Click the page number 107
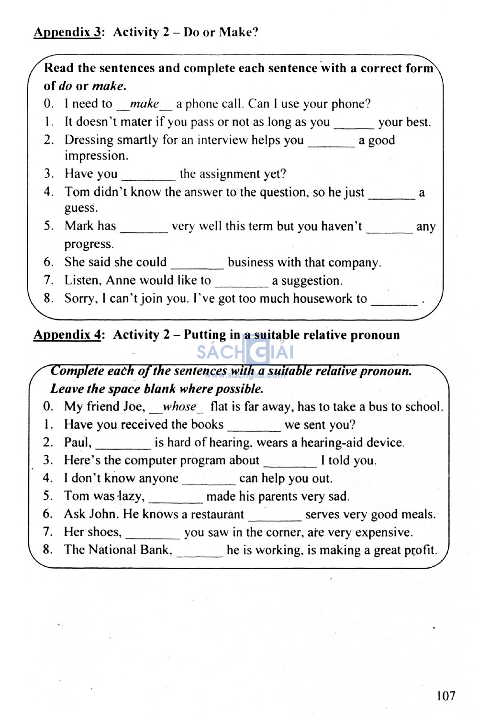coord(445,695)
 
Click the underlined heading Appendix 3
coord(67,33)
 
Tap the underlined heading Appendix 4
coord(67,335)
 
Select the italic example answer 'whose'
coord(179,407)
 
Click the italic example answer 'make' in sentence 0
coord(145,104)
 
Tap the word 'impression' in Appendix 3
coord(96,156)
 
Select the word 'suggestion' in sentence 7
coord(311,281)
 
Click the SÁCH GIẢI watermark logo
coord(245,353)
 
